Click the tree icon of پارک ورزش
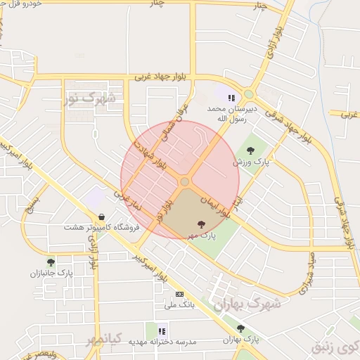click(250, 150)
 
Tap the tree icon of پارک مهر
click(202, 224)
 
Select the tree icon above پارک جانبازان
click(51, 262)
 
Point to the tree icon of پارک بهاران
click(240, 328)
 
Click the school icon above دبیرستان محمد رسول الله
click(231, 98)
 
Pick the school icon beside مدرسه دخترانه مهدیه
click(162, 330)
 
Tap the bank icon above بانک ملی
click(179, 294)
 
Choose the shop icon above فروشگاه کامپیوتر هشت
click(103, 217)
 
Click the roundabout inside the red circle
click(184, 182)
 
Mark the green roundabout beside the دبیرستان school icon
click(248, 94)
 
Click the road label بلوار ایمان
click(215, 202)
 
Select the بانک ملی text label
click(179, 305)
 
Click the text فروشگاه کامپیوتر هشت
click(102, 227)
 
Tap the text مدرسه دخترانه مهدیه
click(162, 342)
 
